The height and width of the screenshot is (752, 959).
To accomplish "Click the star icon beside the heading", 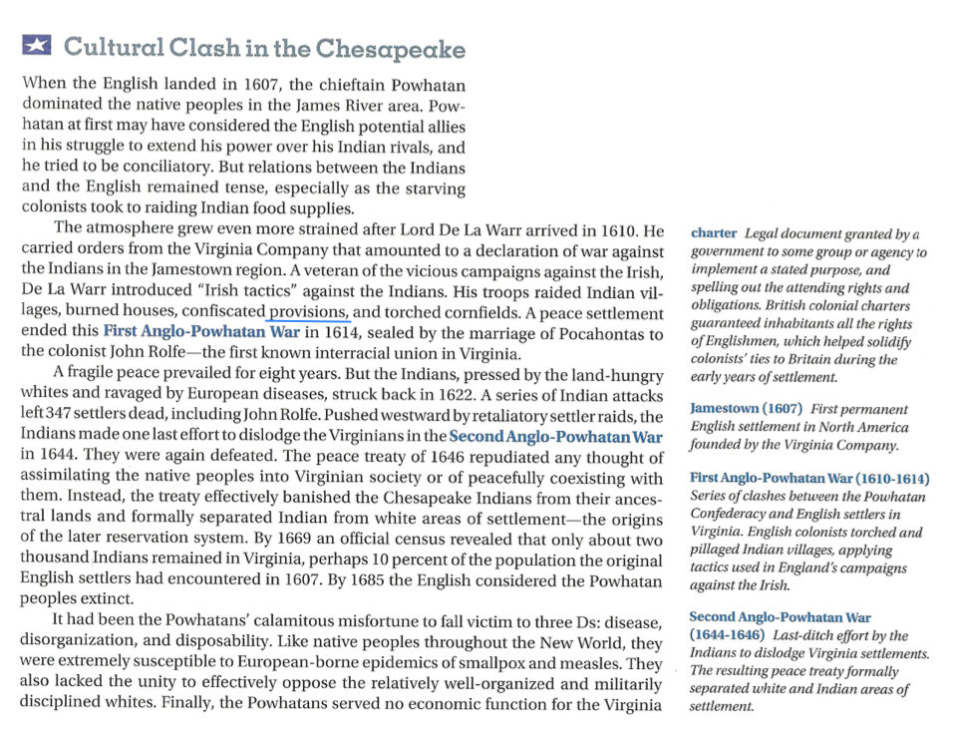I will [37, 46].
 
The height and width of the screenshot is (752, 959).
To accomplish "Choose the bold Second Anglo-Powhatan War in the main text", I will [555, 437].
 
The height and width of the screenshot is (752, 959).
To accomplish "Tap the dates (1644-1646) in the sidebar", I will [727, 635].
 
